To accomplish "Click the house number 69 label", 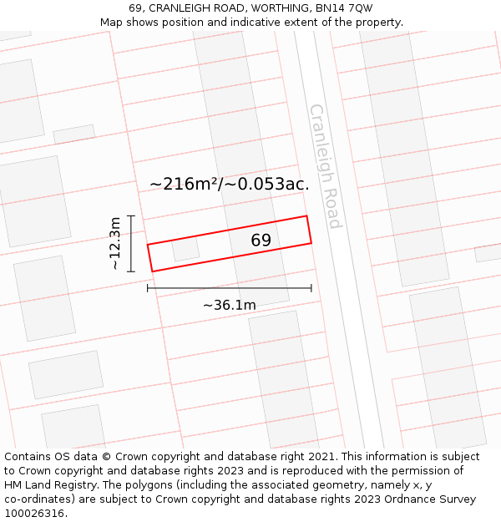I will pyautogui.click(x=261, y=241).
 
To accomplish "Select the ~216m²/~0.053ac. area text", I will pyautogui.click(x=230, y=185).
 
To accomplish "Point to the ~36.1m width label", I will pyautogui.click(x=230, y=305).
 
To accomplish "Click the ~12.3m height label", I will pyautogui.click(x=114, y=242).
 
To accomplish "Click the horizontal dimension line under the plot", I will pyautogui.click(x=230, y=288).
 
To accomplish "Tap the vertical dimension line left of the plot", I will pyautogui.click(x=131, y=242).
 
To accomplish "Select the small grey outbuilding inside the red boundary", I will pyautogui.click(x=185, y=249).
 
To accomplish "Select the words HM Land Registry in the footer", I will pyautogui.click(x=43, y=485).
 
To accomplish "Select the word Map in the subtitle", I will pyautogui.click(x=112, y=22).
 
